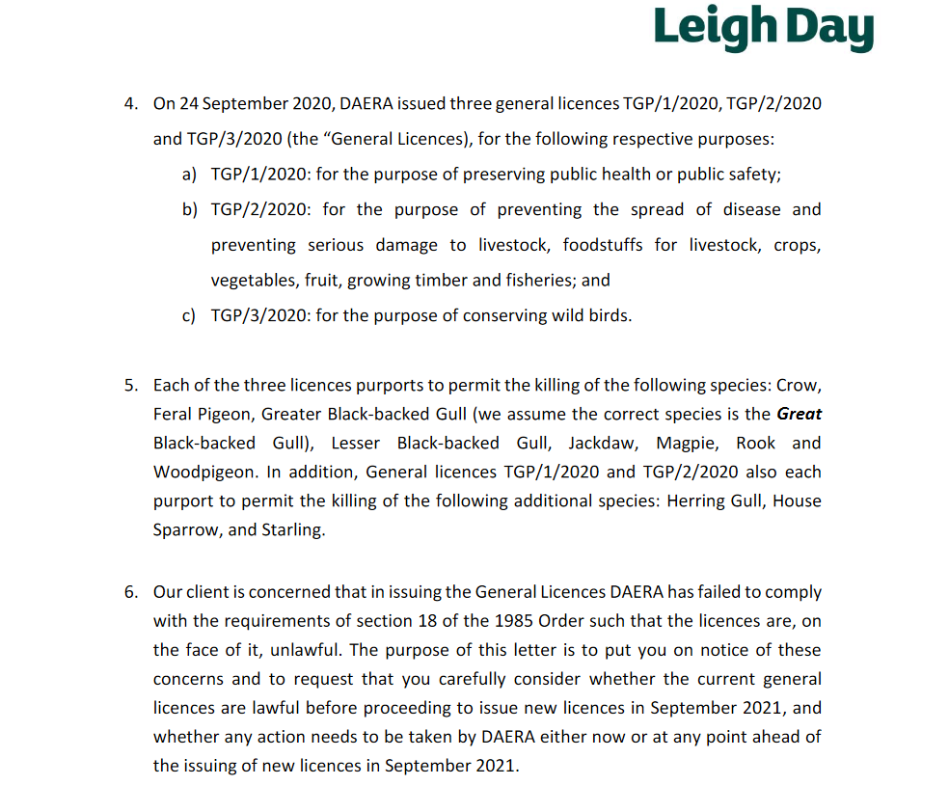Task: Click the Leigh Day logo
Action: pos(763,29)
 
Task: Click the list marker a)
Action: pos(189,175)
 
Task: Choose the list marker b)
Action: pos(189,209)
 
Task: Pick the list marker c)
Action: pos(189,315)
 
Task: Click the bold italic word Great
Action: pos(800,414)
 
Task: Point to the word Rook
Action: pos(755,443)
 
